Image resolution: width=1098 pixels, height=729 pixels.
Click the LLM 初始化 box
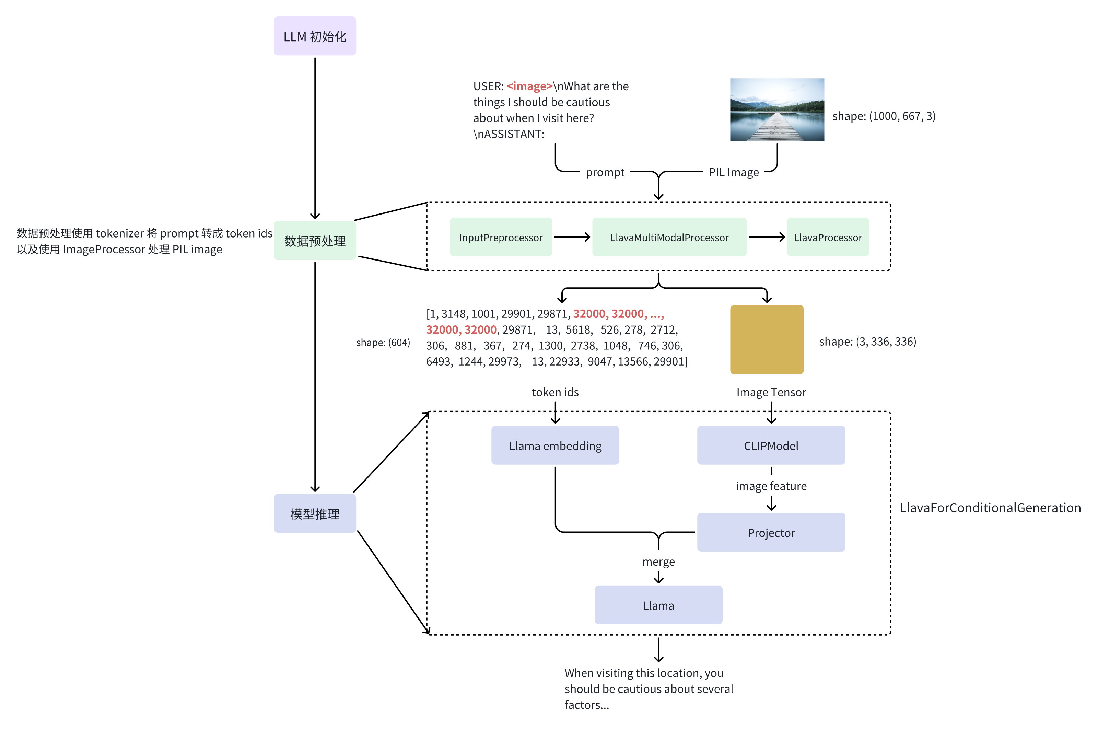click(315, 36)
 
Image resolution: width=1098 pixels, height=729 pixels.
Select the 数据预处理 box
click(315, 240)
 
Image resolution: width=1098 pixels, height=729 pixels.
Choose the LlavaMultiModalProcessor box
click(669, 237)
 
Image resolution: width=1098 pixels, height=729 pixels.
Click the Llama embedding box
click(555, 445)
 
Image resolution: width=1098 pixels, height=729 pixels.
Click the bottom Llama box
click(658, 605)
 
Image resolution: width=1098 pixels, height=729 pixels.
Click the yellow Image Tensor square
click(766, 339)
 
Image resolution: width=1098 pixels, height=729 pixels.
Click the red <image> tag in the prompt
click(529, 86)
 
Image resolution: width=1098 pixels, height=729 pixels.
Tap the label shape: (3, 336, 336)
click(867, 342)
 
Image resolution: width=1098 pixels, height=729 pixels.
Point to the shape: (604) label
click(383, 343)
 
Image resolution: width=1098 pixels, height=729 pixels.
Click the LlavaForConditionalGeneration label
click(990, 508)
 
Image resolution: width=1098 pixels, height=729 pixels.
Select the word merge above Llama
click(658, 562)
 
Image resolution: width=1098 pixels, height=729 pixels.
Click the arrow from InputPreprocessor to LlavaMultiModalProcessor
click(572, 237)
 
